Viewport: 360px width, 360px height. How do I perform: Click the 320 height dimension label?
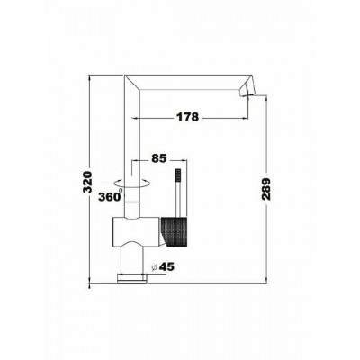(86, 183)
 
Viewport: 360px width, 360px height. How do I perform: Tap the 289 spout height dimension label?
(266, 189)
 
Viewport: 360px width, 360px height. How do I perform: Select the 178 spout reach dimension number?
(187, 117)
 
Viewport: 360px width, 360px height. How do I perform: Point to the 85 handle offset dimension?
(158, 158)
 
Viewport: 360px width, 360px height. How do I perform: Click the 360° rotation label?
(110, 196)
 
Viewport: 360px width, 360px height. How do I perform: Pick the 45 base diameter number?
(166, 266)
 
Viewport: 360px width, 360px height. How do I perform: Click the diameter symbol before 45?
(154, 267)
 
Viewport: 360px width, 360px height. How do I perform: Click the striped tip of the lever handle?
(178, 175)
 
